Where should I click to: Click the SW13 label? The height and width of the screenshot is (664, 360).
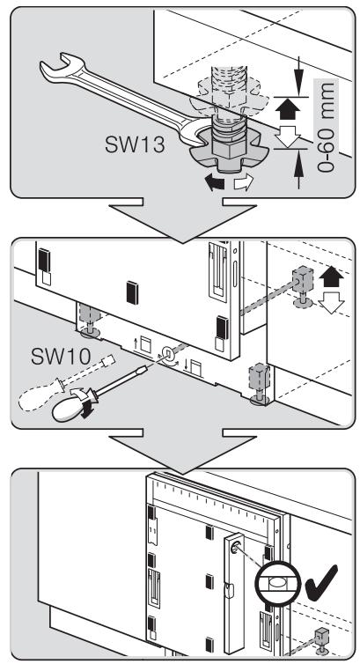click(135, 144)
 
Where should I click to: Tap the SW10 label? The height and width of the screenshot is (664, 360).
click(61, 357)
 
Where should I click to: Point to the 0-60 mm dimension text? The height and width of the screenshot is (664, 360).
click(326, 128)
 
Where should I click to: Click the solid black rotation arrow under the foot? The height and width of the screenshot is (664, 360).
click(214, 183)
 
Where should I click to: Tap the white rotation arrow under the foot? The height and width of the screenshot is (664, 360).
click(244, 182)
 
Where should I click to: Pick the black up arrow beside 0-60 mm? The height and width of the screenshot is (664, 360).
click(288, 110)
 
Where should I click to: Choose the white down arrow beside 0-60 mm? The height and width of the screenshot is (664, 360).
click(288, 136)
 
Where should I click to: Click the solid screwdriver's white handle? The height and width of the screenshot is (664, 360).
click(70, 409)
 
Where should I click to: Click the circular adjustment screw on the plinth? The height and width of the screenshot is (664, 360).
click(166, 351)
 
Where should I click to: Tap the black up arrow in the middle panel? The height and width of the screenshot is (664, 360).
click(331, 277)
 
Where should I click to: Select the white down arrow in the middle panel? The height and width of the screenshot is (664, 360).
click(331, 303)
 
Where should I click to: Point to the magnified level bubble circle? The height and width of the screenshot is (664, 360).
click(277, 583)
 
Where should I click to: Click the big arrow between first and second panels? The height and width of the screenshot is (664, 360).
click(183, 220)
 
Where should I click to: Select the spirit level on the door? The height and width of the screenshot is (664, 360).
click(235, 593)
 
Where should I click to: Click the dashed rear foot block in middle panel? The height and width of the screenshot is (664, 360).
click(303, 278)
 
